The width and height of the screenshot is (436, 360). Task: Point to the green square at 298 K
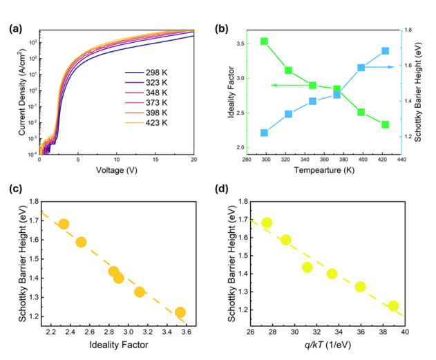(x=264, y=41)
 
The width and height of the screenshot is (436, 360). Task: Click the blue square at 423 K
(x=385, y=51)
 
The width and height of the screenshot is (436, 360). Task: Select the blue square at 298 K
(x=264, y=133)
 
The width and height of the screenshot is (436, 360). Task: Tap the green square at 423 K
(x=385, y=124)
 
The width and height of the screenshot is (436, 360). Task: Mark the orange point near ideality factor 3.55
(x=180, y=312)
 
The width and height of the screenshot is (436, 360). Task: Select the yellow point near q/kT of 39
(x=393, y=306)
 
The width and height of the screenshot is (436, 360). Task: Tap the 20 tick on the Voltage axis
(x=193, y=158)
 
